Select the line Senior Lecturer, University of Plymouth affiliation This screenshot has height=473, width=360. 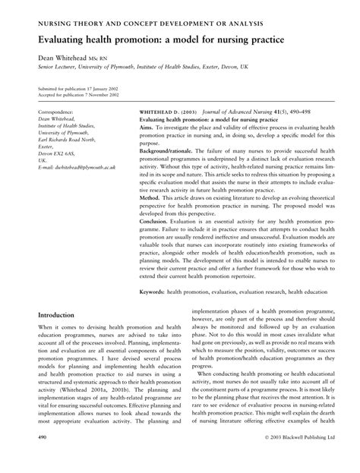point(129,67)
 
